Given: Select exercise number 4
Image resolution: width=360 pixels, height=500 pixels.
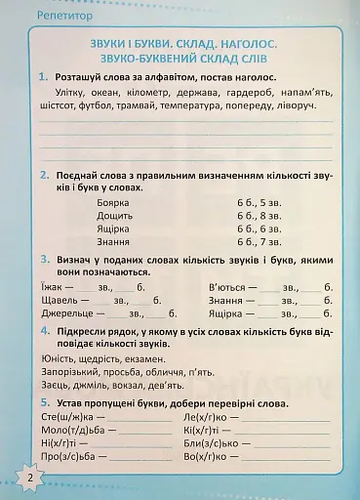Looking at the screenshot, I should click(46, 332).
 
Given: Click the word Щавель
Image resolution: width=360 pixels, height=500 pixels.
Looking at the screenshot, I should click(61, 301).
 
